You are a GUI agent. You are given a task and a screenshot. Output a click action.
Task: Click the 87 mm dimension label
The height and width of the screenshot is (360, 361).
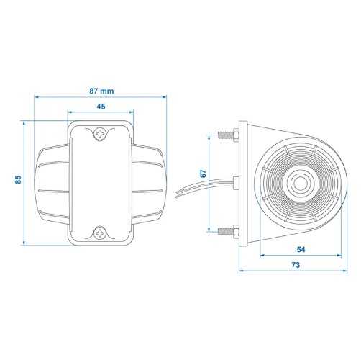pyautogui.click(x=101, y=91)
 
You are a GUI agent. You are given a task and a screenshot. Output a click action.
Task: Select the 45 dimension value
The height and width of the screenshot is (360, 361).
pyautogui.click(x=101, y=107)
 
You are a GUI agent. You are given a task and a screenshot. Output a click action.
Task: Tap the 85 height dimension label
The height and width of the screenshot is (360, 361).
pyautogui.click(x=18, y=179)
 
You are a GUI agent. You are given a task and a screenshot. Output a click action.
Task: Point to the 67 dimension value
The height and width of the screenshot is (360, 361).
pyautogui.click(x=203, y=174)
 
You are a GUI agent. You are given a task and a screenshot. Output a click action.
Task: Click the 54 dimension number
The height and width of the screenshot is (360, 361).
pyautogui.click(x=301, y=249)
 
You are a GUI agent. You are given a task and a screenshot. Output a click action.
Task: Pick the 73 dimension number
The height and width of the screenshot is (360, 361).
pyautogui.click(x=296, y=265)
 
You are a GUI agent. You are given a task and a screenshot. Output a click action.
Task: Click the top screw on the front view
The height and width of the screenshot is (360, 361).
pyautogui.click(x=100, y=133)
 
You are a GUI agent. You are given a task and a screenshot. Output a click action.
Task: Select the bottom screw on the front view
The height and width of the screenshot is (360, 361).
pyautogui.click(x=100, y=233)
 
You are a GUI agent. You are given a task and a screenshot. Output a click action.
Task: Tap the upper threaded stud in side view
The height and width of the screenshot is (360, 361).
pyautogui.click(x=226, y=135)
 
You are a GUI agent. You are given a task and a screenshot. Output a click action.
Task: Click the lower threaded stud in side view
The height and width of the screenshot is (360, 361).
pyautogui.click(x=226, y=231)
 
